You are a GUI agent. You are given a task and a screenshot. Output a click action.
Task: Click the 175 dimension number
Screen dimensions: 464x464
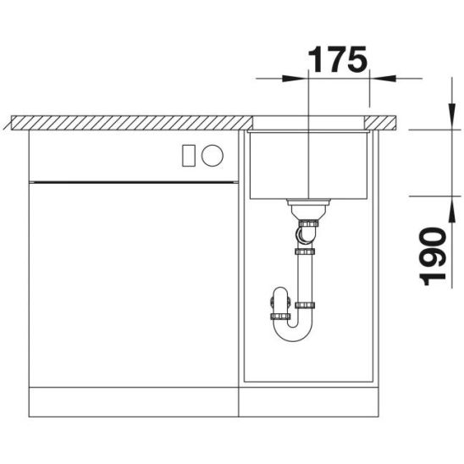click(x=338, y=59)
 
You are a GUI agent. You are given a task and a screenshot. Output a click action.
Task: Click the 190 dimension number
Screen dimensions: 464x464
click(x=433, y=257)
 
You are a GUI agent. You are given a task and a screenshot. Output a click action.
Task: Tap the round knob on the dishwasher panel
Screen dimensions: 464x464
click(x=213, y=155)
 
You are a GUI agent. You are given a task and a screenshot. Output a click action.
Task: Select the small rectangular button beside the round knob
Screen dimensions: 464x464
click(x=189, y=155)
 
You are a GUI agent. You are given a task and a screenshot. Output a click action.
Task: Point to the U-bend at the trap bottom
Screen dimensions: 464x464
click(x=293, y=332)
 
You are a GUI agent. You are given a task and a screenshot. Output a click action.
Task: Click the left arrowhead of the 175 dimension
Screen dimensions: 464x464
click(x=295, y=79)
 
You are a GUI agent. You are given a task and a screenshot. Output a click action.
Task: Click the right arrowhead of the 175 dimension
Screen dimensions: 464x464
click(x=383, y=79)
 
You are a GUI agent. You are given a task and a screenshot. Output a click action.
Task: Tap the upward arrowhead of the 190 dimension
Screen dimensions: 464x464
click(x=452, y=209)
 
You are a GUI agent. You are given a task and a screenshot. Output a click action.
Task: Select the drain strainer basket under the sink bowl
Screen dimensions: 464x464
click(x=308, y=209)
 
